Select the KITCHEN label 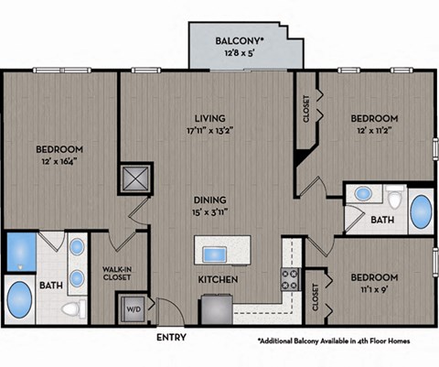219,278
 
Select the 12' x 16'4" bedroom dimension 59,163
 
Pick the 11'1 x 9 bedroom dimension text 374,289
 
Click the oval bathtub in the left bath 18,301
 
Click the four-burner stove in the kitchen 290,278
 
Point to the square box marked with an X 136,178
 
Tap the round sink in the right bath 363,194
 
